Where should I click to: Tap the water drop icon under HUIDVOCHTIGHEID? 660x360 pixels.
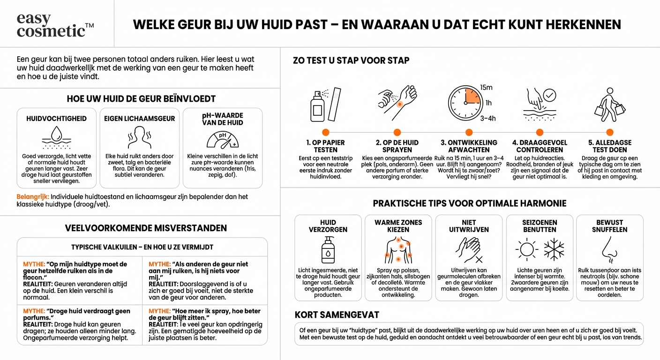point(56,136)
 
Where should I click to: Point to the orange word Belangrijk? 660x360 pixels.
point(32,197)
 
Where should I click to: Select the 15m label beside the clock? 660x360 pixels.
point(487,88)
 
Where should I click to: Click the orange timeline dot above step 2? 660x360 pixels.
point(397,133)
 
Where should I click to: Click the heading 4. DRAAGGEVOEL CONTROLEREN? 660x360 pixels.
point(540,146)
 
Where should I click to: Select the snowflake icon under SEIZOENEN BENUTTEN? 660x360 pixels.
point(554,249)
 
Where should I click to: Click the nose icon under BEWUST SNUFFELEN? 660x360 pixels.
point(609,249)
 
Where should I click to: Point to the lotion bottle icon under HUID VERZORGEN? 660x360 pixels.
point(328,249)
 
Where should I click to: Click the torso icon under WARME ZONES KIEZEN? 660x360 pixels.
point(398,249)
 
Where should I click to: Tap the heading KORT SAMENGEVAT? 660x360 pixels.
point(337,315)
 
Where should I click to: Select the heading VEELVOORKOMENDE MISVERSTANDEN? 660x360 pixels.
point(146,228)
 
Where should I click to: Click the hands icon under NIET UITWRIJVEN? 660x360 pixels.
point(468,249)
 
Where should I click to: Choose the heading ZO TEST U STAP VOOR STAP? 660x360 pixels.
point(351,60)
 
